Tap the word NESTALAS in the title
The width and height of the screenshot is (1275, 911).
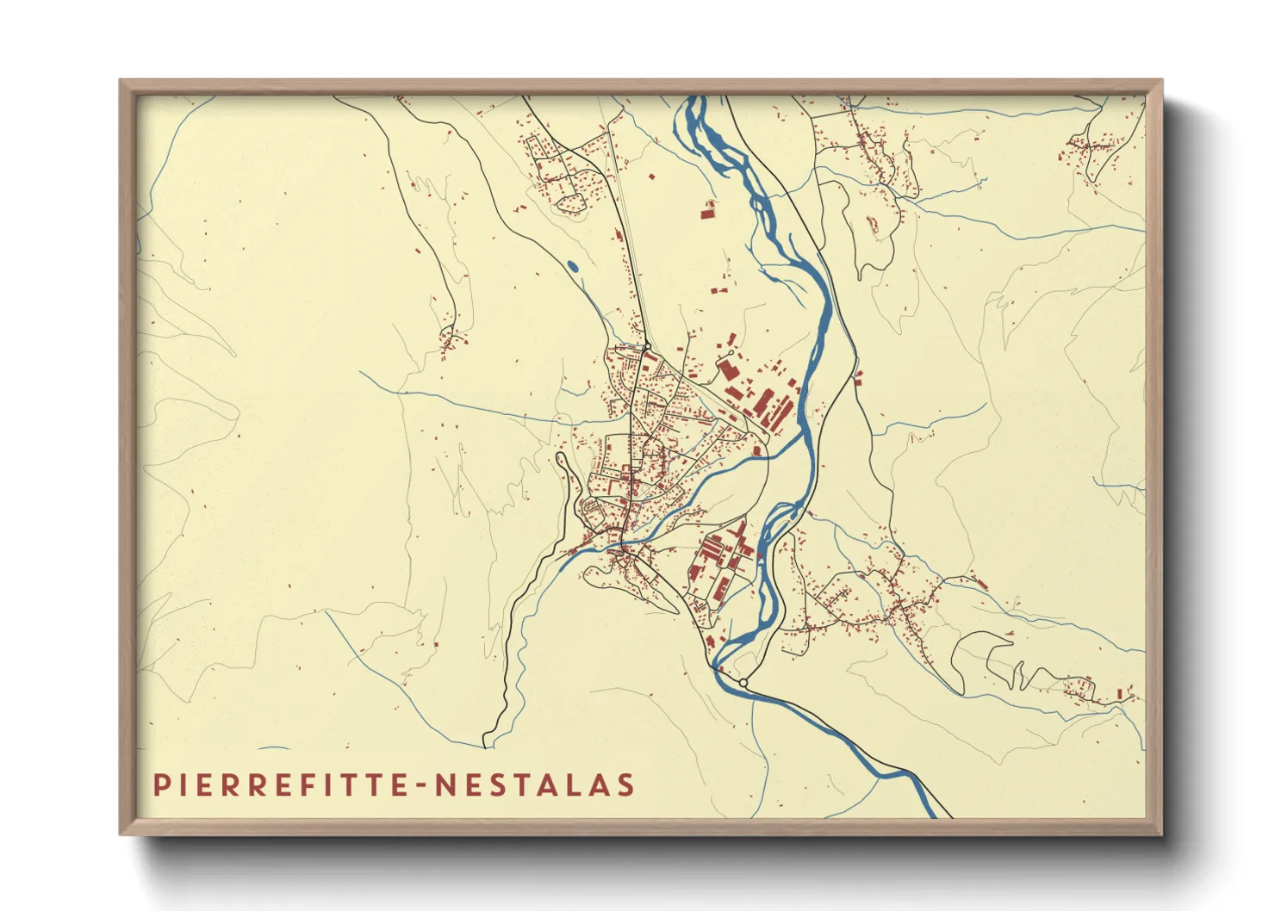[x=535, y=785]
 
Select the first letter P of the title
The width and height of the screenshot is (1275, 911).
[x=159, y=785]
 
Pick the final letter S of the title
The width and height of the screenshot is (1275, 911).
[x=626, y=785]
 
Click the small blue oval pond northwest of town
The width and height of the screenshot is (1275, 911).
[x=573, y=266]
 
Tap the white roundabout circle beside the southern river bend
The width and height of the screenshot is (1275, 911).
[x=743, y=683]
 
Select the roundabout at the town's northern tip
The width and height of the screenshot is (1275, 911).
[x=646, y=348]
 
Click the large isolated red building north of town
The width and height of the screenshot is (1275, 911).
[x=708, y=209]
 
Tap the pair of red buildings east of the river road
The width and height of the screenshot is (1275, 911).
[x=859, y=375]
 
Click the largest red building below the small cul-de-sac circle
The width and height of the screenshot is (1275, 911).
[x=725, y=370]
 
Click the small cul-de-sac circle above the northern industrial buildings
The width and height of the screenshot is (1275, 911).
[x=731, y=353]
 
